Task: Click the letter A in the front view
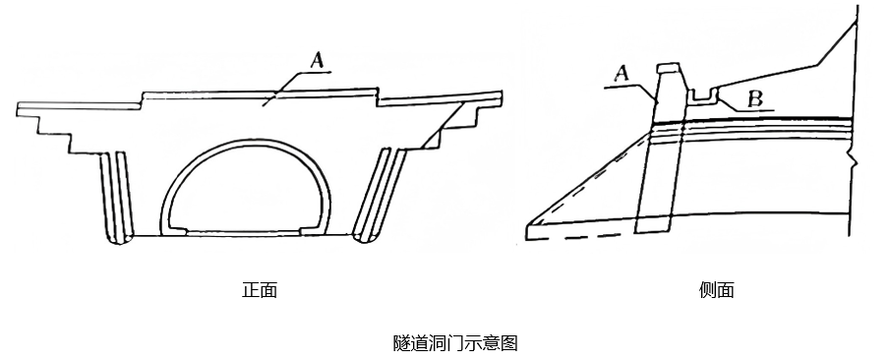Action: pos(318,61)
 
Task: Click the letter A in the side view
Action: pos(622,74)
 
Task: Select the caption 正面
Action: pos(260,290)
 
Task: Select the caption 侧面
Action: pos(717,290)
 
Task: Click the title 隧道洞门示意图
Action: pos(455,343)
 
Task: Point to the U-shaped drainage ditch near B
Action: pos(703,97)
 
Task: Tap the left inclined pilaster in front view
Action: pos(116,198)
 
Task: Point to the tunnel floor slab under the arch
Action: pos(244,232)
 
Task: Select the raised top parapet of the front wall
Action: pos(260,94)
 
